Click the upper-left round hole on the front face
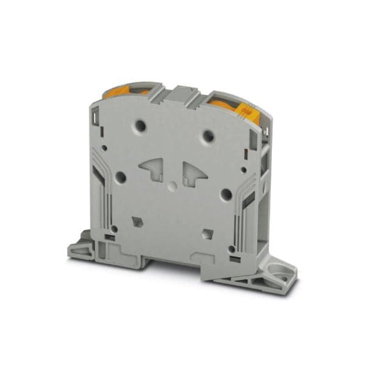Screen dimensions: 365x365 tap(141, 126)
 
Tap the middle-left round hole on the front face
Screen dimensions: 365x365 tap(120, 177)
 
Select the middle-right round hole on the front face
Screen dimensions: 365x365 tap(226, 194)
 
